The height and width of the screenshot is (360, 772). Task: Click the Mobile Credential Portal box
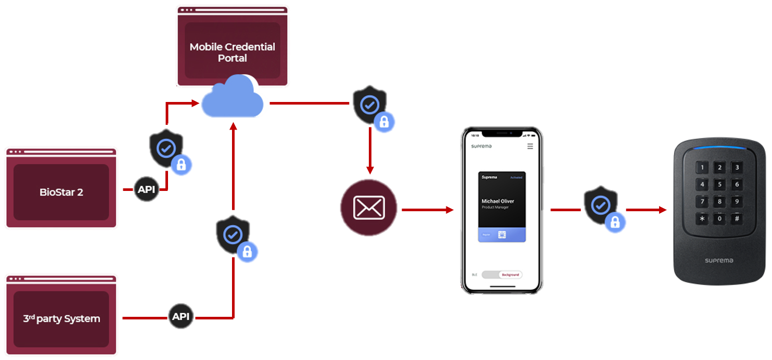coord(232,52)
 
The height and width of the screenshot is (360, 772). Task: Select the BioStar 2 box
coord(61,192)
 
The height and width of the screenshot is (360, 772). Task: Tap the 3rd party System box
coord(61,318)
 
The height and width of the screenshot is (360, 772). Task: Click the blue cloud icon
coord(232,98)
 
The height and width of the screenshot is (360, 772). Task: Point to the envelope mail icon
coord(369,208)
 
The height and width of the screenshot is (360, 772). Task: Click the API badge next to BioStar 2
coord(147,189)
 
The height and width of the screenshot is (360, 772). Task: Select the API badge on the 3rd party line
coord(181,316)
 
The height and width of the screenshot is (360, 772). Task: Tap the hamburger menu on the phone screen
coord(530,147)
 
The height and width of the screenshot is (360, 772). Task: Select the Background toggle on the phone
coord(509,275)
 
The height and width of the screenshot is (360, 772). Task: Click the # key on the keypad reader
coord(737,219)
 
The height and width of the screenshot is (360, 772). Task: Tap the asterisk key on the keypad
coord(702,219)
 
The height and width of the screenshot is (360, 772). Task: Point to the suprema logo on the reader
coord(719,260)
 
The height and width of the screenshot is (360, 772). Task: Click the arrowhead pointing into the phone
coord(450,210)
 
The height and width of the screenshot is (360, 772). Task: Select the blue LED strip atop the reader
coord(719,147)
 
